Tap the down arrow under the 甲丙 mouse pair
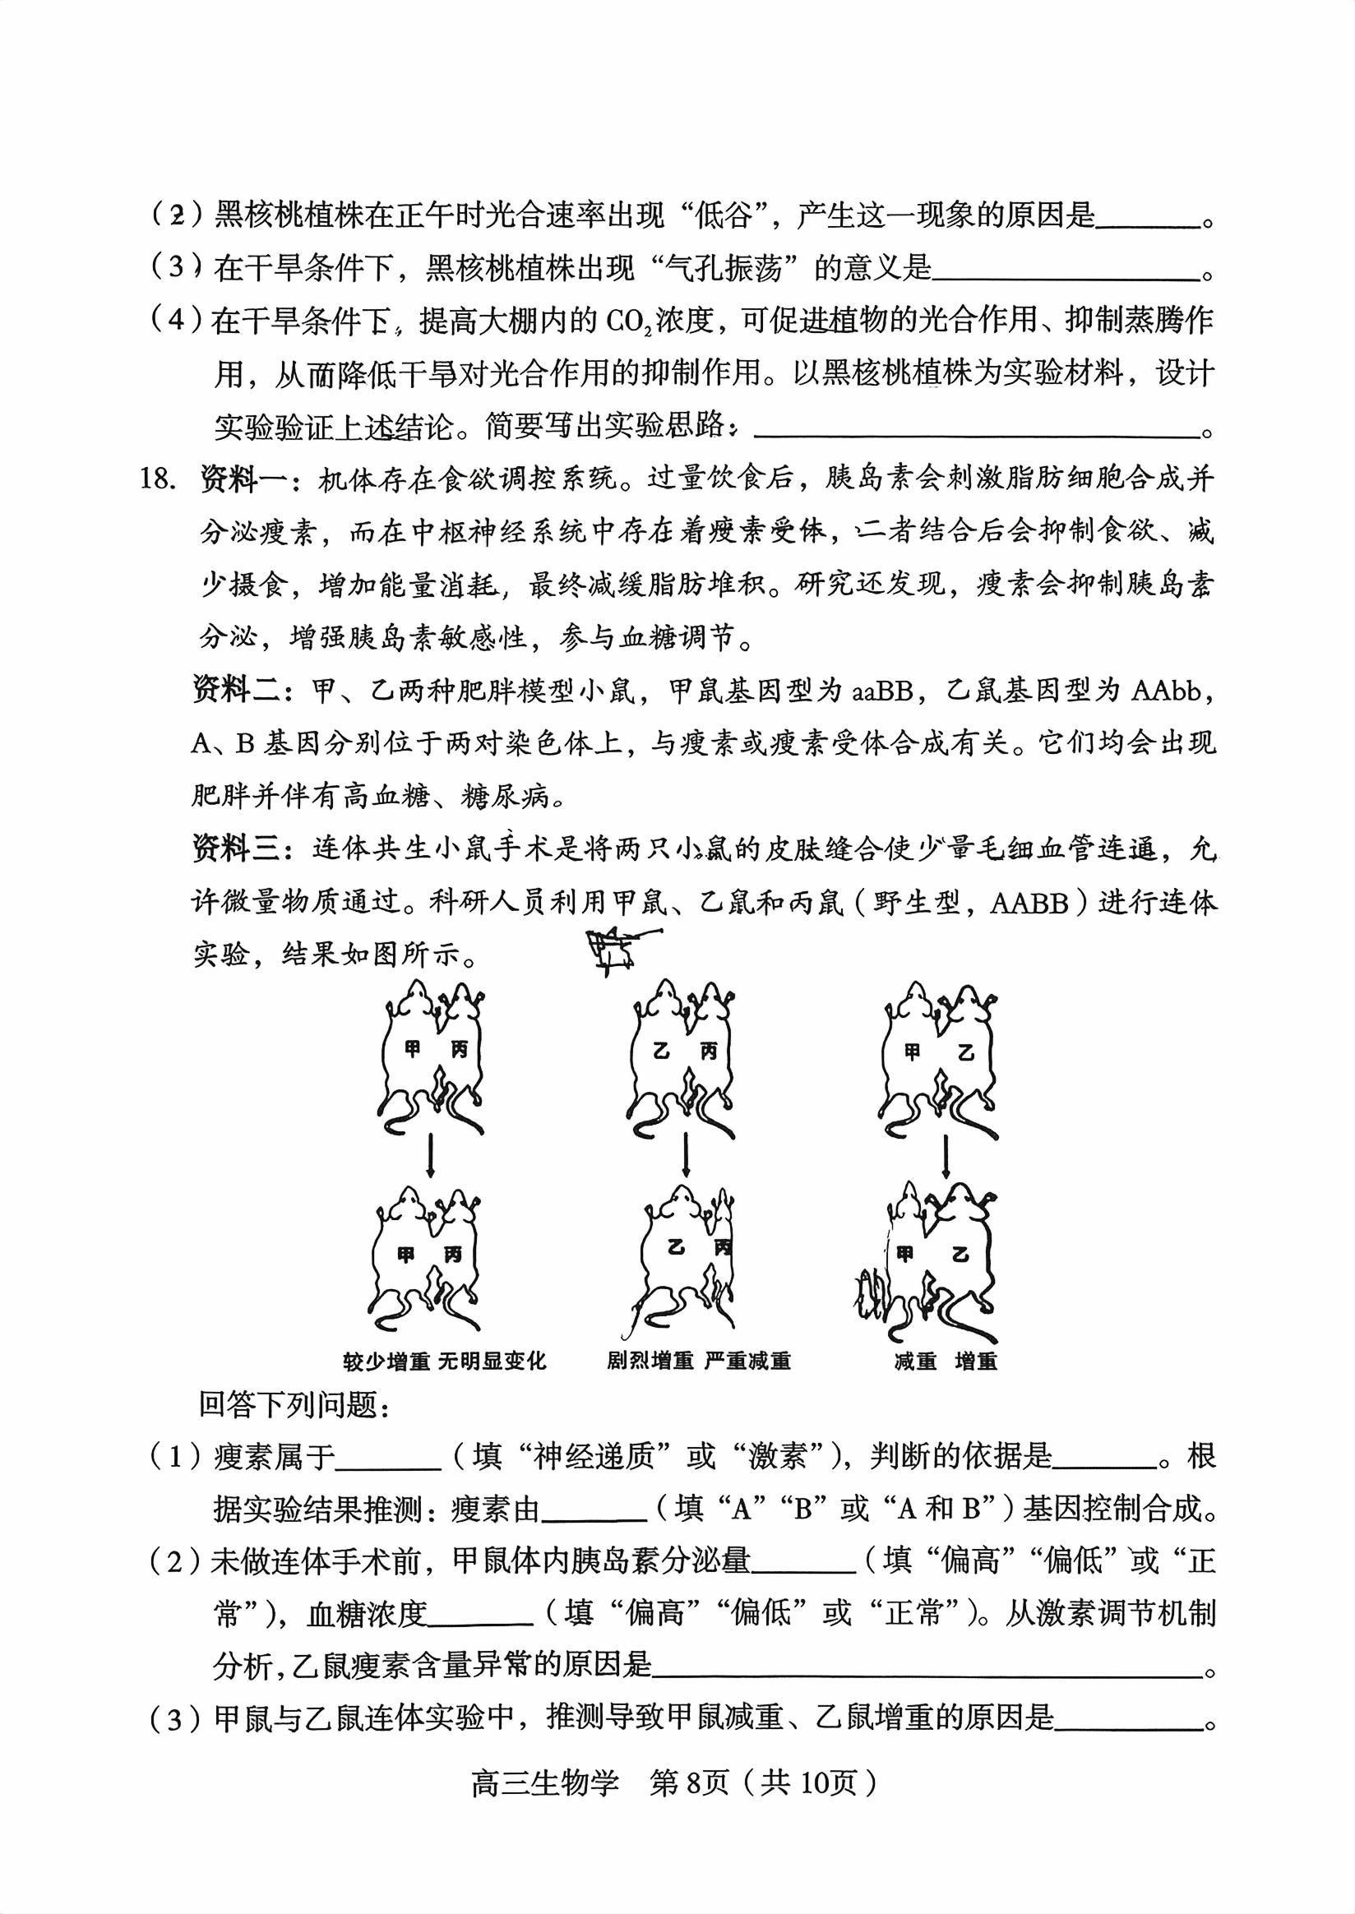tap(430, 1153)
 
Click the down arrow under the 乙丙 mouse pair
tap(686, 1153)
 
